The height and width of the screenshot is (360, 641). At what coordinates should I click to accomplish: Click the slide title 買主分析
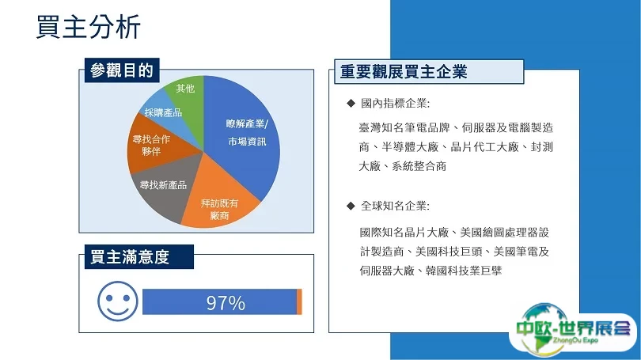pos(89,27)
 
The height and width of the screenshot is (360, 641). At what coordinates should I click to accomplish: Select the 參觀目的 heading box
pos(122,70)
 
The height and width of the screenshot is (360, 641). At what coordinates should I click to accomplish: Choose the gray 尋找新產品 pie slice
pos(165,186)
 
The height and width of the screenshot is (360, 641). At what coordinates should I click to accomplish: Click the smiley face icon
pos(118,301)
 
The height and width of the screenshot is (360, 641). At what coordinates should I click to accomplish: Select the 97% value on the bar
pos(226,303)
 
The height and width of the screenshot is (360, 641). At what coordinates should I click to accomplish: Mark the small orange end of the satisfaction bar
pos(299,302)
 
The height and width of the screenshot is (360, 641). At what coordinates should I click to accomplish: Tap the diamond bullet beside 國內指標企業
pos(351,103)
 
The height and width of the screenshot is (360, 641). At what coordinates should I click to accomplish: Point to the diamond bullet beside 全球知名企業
pos(351,206)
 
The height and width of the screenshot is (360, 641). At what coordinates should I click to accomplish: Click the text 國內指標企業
pos(393,104)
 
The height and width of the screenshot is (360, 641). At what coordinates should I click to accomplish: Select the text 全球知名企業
pos(393,206)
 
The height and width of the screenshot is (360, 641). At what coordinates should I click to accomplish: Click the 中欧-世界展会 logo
pos(573,329)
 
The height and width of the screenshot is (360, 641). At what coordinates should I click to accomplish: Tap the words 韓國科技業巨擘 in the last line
pos(464,271)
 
